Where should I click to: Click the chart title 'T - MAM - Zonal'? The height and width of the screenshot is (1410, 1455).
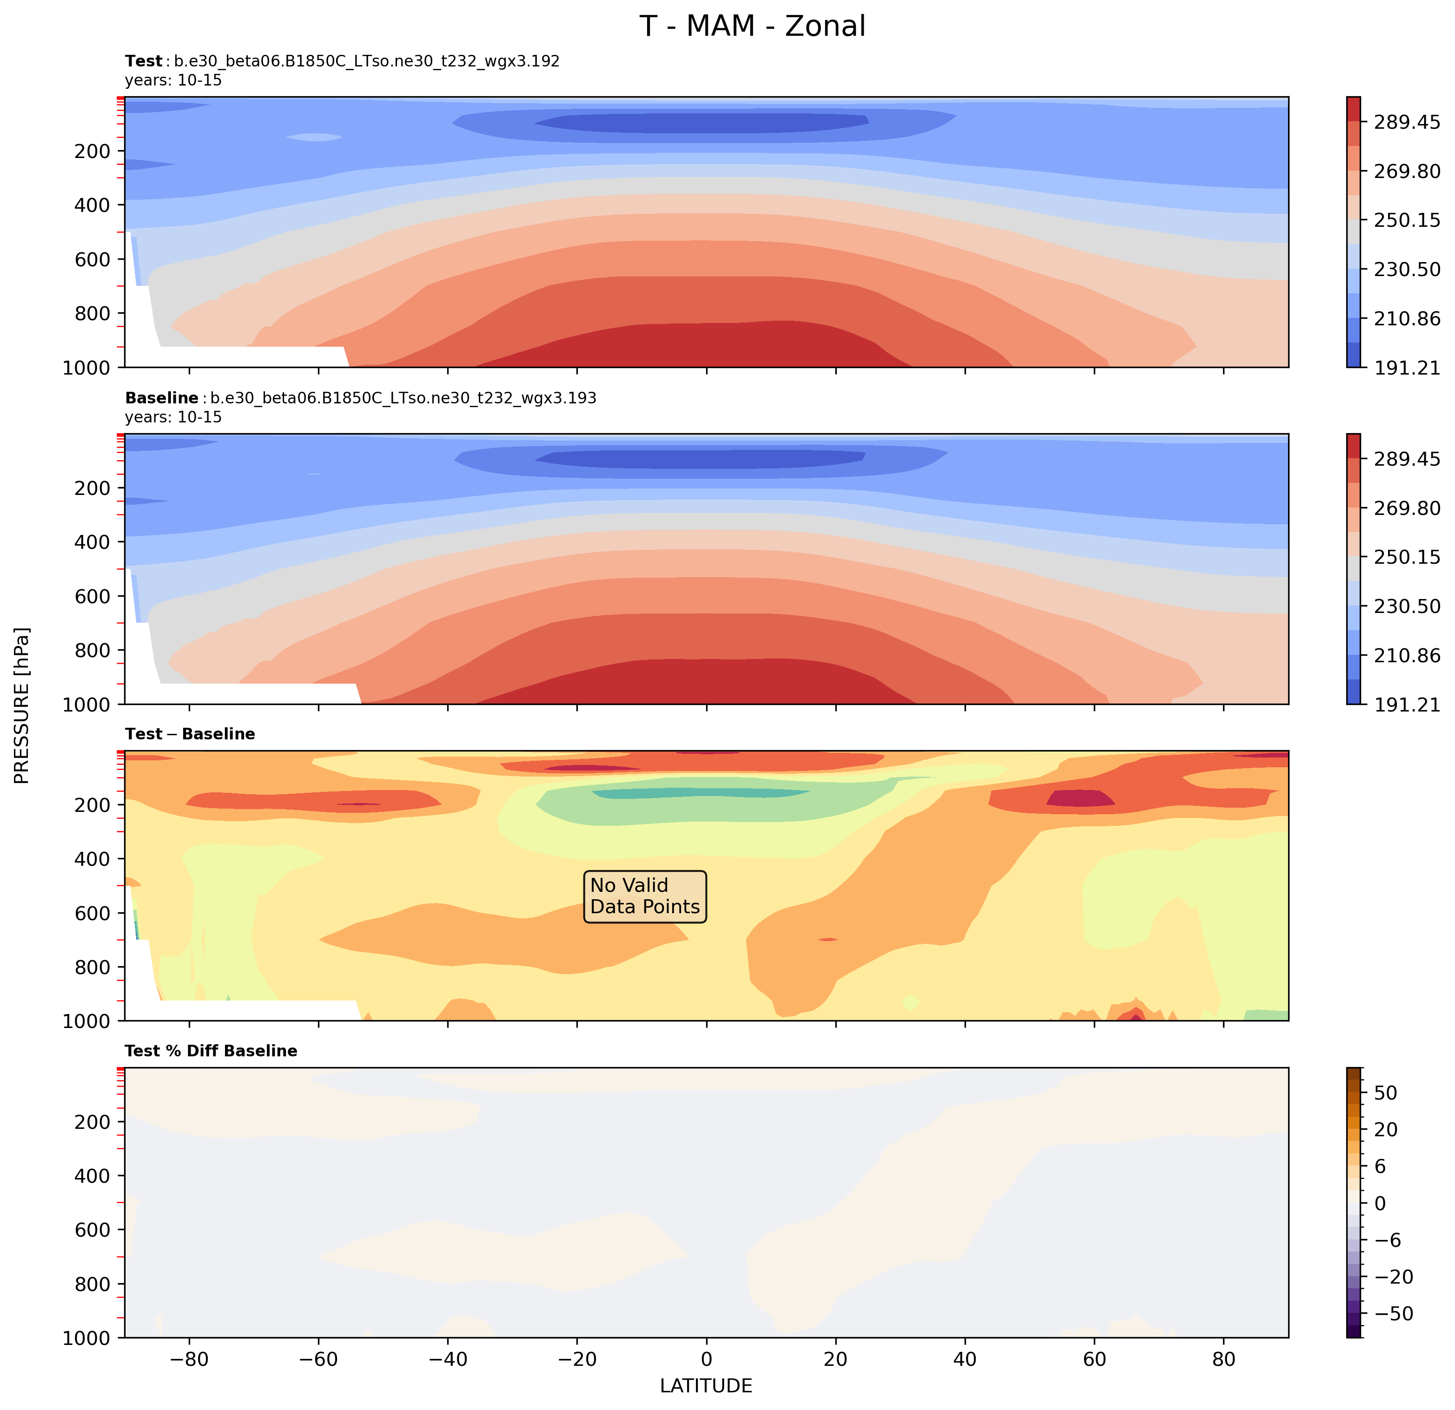click(752, 26)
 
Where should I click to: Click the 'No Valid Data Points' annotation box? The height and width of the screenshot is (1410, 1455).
click(644, 896)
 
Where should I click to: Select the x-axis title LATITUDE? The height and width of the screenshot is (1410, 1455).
click(706, 1385)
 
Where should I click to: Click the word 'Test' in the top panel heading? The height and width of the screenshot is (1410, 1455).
click(143, 61)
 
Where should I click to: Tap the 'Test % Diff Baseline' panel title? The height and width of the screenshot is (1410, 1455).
click(211, 1051)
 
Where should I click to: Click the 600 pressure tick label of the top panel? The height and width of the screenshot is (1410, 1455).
click(92, 259)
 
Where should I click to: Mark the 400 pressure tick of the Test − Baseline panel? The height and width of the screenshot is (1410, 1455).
click(92, 859)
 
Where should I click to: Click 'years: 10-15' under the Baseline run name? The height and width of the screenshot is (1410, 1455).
click(173, 417)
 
